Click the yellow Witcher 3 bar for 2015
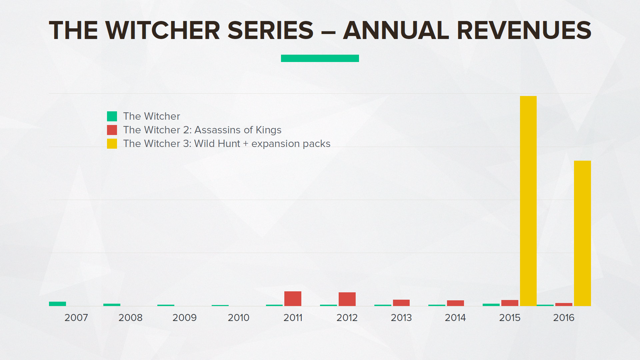point(528,201)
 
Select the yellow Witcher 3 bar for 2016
point(582,233)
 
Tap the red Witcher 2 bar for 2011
point(293,299)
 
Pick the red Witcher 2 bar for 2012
point(347,299)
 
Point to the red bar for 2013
point(401,303)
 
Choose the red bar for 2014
point(455,303)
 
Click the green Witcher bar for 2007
point(57,304)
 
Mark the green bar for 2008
point(112,305)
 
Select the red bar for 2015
point(510,303)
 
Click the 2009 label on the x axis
point(184,318)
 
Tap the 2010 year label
point(239,318)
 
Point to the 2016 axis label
point(564,318)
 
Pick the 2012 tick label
point(347,318)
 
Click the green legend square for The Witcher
point(112,116)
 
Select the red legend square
point(112,130)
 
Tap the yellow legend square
point(112,144)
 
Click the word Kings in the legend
point(268,130)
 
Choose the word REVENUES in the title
point(524,30)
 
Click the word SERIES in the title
point(270,30)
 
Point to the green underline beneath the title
point(320,58)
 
